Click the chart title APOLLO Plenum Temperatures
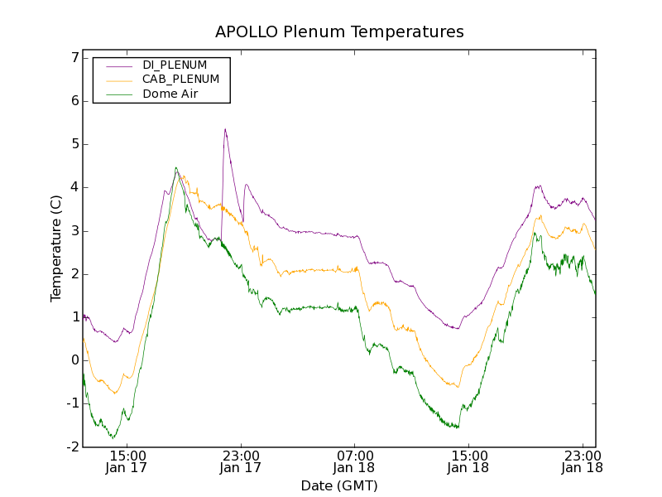point(339,32)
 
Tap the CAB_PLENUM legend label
point(180,80)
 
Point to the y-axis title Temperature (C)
point(56,248)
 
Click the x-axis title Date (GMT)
point(339,485)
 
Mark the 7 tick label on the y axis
point(74,58)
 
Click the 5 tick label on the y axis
point(74,144)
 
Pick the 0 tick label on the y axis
point(74,360)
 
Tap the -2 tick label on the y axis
point(72,446)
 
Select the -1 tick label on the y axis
point(72,403)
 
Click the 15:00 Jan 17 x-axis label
point(127,461)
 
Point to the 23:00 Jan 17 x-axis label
point(241,461)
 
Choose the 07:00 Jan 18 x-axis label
point(354,461)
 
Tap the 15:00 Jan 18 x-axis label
point(468,461)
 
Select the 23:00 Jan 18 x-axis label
point(582,461)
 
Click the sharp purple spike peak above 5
point(225,129)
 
